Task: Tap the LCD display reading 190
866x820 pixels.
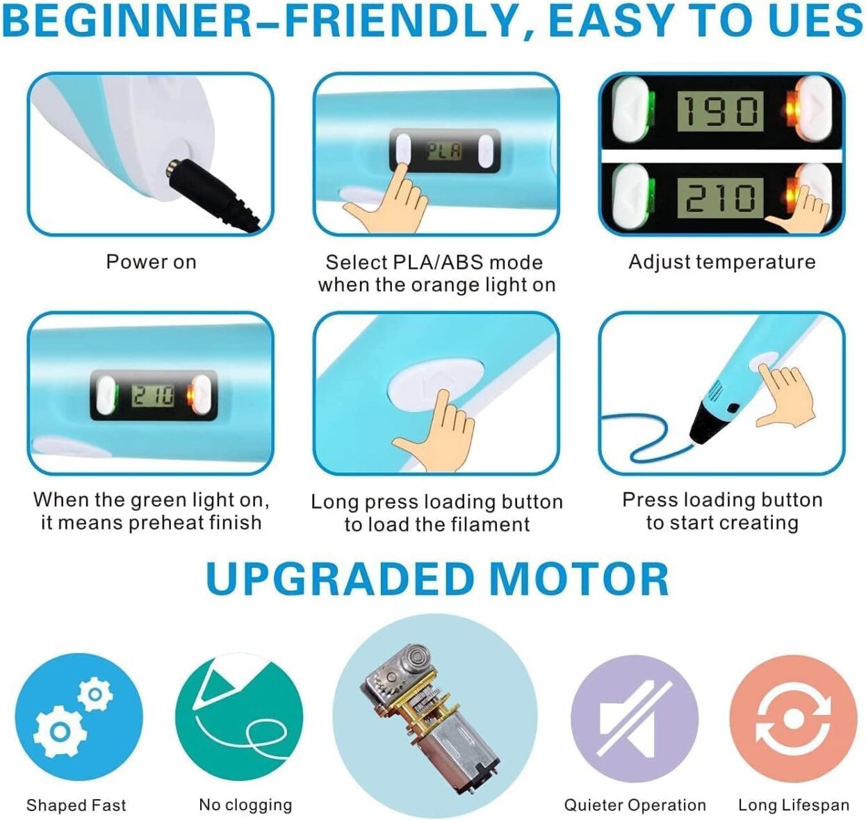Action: [720, 110]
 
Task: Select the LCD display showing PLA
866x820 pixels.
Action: [444, 152]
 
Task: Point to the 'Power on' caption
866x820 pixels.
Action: [151, 262]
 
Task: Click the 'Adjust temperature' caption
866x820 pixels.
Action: [721, 262]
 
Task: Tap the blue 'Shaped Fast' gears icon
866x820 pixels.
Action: [79, 716]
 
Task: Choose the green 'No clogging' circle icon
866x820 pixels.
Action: [239, 716]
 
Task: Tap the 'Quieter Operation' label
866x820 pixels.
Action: [635, 805]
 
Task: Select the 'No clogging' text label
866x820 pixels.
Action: [245, 805]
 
